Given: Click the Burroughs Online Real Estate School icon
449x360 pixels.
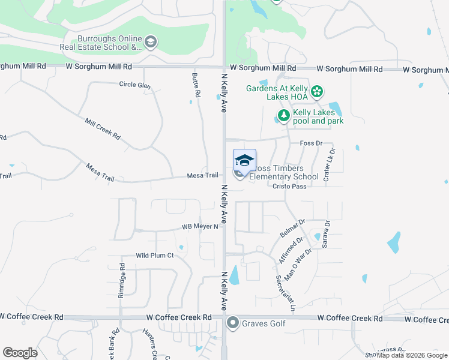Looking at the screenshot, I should coord(151,41).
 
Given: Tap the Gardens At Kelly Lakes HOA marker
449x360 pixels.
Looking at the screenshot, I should coord(316,92).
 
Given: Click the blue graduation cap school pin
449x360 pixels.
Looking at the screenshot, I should coord(244,160).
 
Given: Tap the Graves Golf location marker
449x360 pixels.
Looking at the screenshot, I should coord(232,323).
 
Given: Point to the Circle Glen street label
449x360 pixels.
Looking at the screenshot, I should coord(134,85).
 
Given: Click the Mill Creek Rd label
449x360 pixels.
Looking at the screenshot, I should coord(103,129).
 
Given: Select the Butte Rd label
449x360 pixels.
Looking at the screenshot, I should coord(196,86).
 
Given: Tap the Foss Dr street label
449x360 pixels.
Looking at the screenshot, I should coord(310,143).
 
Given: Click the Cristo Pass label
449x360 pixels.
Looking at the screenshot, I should coord(290,187).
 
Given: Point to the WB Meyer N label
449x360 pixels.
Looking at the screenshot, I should coord(200,227).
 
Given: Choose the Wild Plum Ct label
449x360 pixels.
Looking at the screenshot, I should coord(154,256).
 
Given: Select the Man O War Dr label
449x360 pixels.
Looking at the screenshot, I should coord(298,265).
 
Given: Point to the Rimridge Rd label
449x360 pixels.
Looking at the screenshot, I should coord(122,275).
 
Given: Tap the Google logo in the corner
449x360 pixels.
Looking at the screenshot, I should coord(20,353).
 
